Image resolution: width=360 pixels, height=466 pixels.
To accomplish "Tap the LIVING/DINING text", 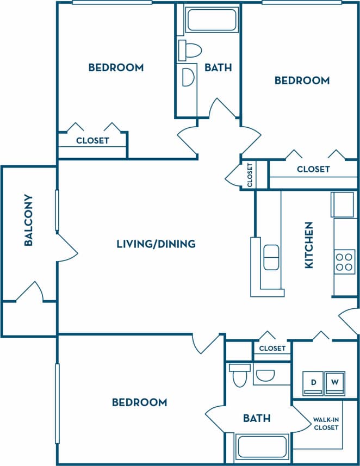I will (x=156, y=244).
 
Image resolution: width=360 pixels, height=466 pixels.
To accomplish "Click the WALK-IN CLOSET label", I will (x=325, y=424).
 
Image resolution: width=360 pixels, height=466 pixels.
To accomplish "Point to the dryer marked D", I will (x=313, y=382).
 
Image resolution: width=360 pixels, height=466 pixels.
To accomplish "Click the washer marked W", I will (x=335, y=382).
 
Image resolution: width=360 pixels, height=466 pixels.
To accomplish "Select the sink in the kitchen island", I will (x=271, y=257).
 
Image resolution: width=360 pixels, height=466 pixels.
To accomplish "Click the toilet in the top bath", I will (x=189, y=49).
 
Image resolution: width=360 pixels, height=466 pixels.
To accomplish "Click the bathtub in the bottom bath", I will (x=263, y=448).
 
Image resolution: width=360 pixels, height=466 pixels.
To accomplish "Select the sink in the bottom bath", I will (x=265, y=375).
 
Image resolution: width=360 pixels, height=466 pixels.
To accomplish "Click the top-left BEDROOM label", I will (x=116, y=67).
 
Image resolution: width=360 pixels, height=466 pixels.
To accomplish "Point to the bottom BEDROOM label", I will (x=139, y=402).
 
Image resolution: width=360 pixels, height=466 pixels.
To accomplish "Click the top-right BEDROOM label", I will (x=302, y=80).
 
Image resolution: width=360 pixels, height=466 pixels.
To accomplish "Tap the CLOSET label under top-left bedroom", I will (x=92, y=140).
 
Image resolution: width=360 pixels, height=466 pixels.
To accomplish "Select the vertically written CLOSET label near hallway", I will (x=250, y=175).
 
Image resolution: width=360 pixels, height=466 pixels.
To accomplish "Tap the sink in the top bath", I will (x=187, y=77).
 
